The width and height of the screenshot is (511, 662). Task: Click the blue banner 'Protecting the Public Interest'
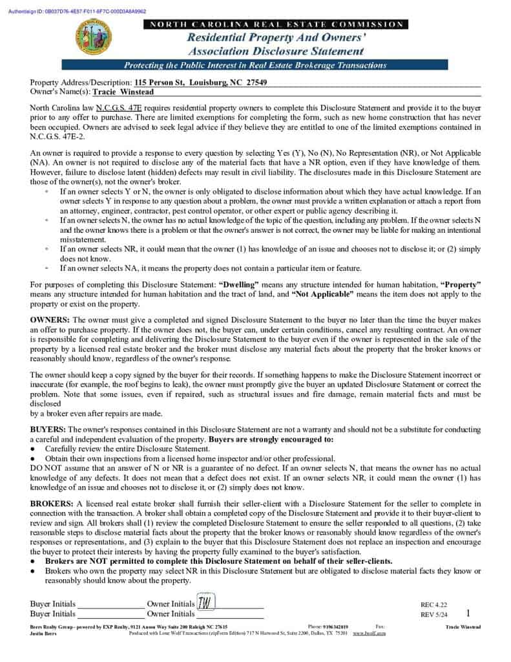(255, 65)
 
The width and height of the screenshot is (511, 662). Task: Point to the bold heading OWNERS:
(50, 320)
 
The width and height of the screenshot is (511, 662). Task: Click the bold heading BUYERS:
(48, 429)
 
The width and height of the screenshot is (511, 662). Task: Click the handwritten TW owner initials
(205, 603)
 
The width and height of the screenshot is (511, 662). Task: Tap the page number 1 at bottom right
(468, 613)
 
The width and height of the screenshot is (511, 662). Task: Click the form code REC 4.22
(433, 605)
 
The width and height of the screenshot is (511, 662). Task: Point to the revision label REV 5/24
(434, 615)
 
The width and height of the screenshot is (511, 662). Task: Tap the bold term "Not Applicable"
(322, 294)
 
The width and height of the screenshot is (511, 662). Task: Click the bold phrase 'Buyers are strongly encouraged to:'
(271, 439)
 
